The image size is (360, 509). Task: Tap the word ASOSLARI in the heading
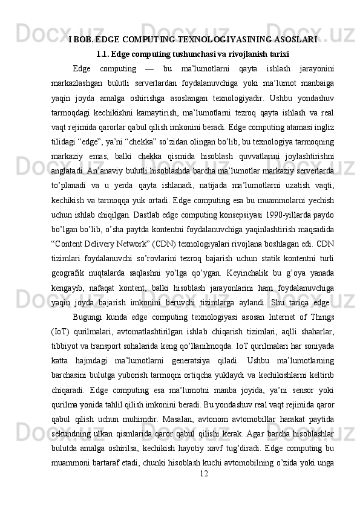point(294,40)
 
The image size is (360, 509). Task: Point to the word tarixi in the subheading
point(277,54)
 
